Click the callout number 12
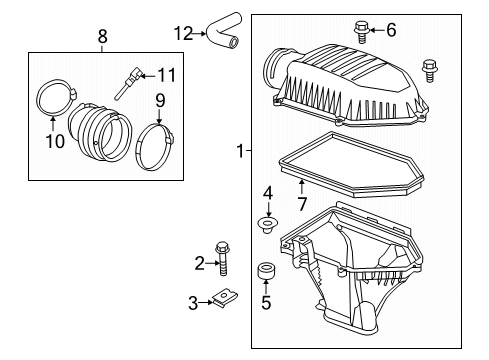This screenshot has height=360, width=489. click(x=181, y=32)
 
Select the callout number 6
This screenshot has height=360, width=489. click(x=390, y=30)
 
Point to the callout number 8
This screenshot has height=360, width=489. click(x=102, y=39)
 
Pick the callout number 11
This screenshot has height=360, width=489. click(x=167, y=73)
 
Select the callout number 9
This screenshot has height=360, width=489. click(x=160, y=100)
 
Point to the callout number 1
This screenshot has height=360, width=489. click(x=239, y=151)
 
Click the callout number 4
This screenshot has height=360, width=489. click(x=268, y=192)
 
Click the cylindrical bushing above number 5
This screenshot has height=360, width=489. click(x=265, y=271)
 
